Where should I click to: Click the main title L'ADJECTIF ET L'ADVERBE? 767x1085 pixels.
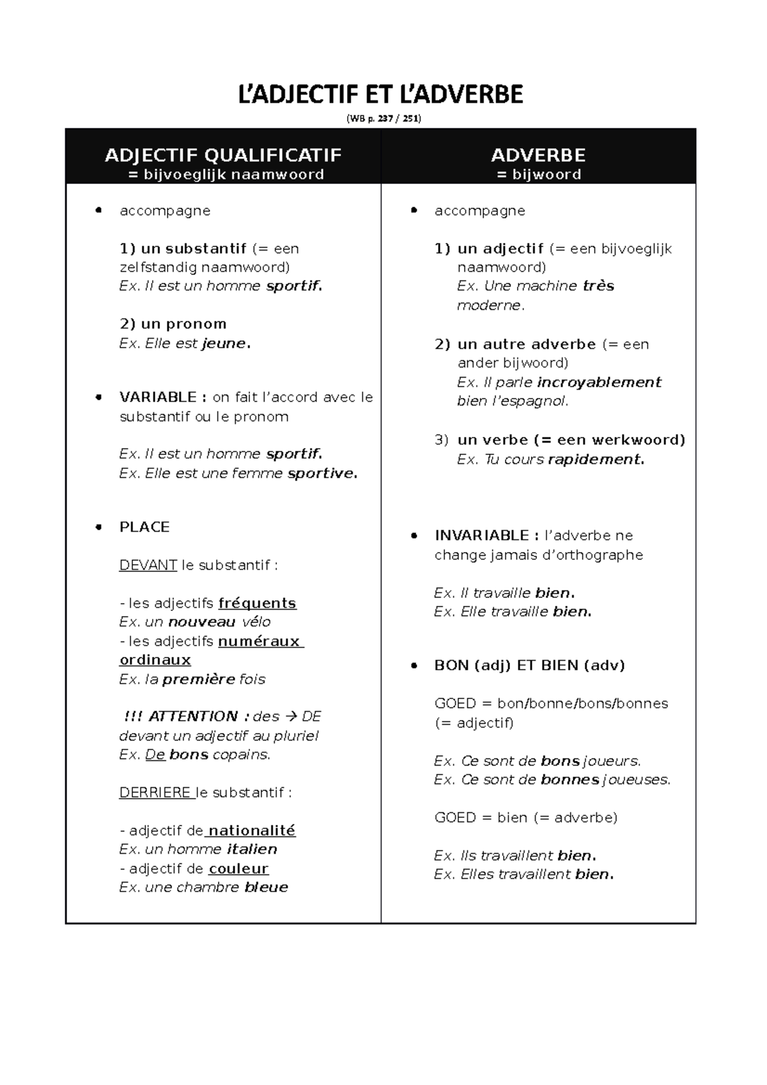tap(381, 95)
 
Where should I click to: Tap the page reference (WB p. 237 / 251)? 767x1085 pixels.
tap(383, 118)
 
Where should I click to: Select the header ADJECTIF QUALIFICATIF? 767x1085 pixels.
tap(223, 155)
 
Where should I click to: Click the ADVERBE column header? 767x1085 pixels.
tap(538, 155)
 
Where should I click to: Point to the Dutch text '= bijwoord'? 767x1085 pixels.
tap(539, 174)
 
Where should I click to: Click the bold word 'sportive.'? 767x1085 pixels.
tap(322, 473)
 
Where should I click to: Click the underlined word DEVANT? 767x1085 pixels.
tap(148, 566)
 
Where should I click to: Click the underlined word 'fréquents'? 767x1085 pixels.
tap(257, 603)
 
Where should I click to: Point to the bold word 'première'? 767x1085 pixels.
tap(199, 679)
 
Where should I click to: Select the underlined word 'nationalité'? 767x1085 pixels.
tap(251, 831)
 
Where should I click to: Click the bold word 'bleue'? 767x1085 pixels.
tap(266, 888)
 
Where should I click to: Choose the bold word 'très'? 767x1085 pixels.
tap(598, 286)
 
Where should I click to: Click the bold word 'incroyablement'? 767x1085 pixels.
tap(599, 383)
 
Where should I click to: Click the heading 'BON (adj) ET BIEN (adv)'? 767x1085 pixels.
tap(529, 665)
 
